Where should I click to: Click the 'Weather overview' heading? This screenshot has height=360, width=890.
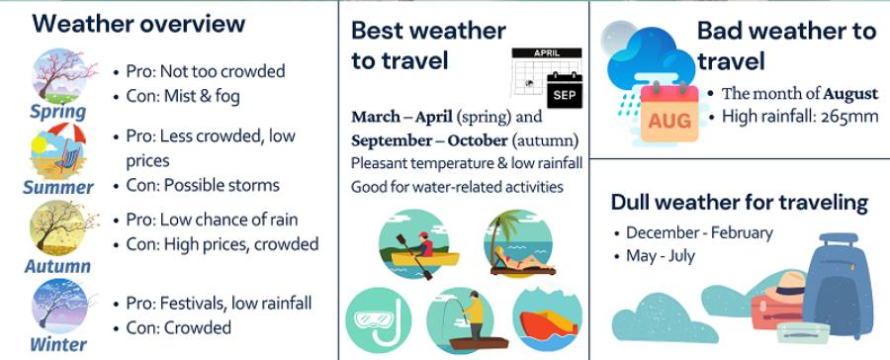tap(138, 24)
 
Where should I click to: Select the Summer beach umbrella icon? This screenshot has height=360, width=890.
tap(57, 150)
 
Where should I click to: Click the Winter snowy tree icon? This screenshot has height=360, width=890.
tap(60, 307)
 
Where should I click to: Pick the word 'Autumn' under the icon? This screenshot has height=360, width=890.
tap(57, 266)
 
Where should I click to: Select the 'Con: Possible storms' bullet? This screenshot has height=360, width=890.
tap(197, 185)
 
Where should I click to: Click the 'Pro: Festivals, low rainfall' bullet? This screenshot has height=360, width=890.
tap(213, 304)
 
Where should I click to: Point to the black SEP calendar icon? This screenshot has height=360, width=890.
tap(565, 91)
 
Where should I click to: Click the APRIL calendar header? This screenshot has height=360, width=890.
tap(547, 52)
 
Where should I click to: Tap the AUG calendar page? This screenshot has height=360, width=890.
tap(669, 114)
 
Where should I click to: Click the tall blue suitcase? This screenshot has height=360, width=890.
tap(838, 287)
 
